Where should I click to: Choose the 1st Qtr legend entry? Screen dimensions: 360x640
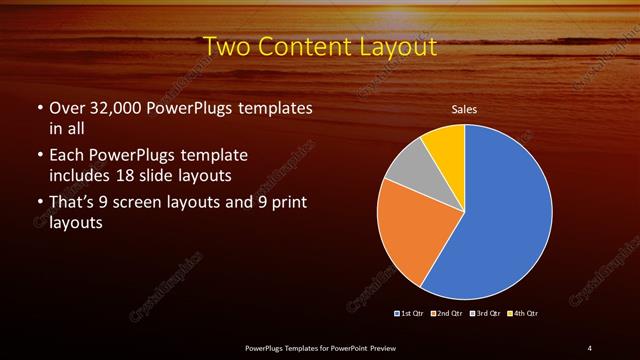[x=410, y=314]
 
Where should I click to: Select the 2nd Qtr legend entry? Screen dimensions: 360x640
[x=446, y=314]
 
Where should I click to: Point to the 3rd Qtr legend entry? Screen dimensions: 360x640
[x=485, y=314]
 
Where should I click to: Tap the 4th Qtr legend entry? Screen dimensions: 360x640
[x=522, y=314]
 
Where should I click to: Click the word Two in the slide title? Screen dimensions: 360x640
[x=226, y=46]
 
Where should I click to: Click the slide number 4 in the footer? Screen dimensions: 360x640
[x=590, y=347]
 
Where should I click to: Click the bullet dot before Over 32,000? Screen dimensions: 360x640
[x=39, y=108]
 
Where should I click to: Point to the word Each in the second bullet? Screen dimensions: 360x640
[x=66, y=156]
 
